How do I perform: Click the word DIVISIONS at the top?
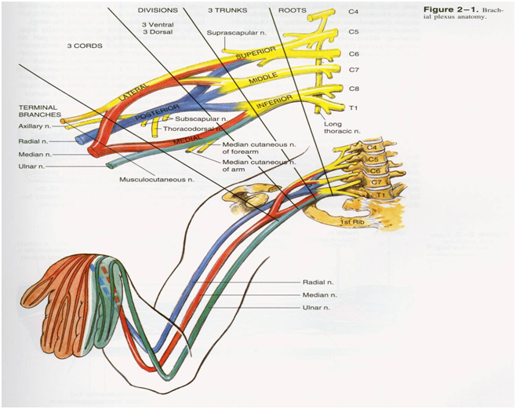(158, 10)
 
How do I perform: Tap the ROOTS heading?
(292, 10)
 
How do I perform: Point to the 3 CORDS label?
(84, 46)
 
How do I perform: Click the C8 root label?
(354, 89)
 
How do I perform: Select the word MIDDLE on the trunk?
(263, 80)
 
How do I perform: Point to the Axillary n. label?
(35, 126)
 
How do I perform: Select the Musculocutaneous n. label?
(156, 180)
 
